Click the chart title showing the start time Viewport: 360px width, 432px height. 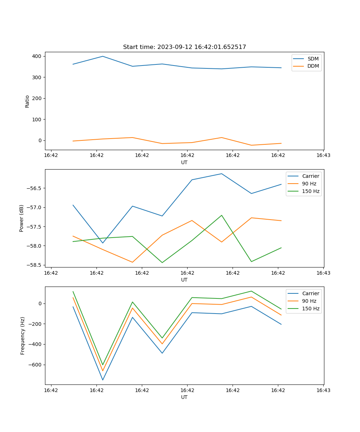[184, 47]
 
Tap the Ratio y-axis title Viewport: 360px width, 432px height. [27, 101]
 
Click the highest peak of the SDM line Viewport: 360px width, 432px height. [103, 56]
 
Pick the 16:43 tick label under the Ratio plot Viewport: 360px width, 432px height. [323, 156]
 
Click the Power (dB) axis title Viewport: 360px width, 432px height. [22, 218]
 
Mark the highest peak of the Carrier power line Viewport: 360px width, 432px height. [222, 174]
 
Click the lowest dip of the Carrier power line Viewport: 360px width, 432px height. [103, 243]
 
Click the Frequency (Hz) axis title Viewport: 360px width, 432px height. [23, 336]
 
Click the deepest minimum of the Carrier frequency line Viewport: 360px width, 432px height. [103, 380]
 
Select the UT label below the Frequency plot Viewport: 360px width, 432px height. [184, 397]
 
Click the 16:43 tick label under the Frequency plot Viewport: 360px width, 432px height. [323, 390]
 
